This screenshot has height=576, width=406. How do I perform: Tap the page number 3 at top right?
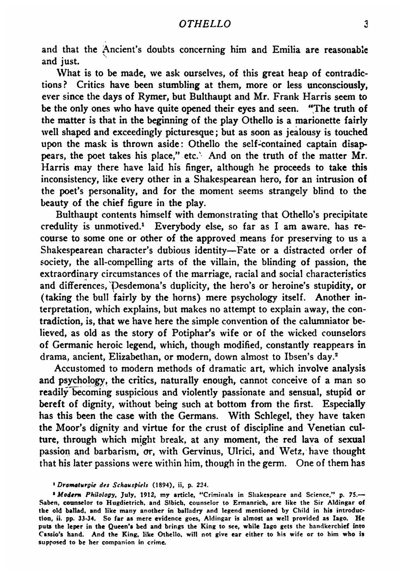(x=365, y=24)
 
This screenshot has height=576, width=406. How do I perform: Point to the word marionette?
(x=320, y=121)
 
